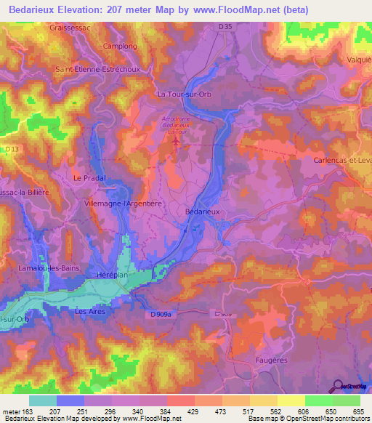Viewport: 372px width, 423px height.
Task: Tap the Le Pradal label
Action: click(x=90, y=177)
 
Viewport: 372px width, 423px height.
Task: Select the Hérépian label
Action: click(x=113, y=275)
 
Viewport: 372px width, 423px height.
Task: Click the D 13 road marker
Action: click(x=10, y=150)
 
